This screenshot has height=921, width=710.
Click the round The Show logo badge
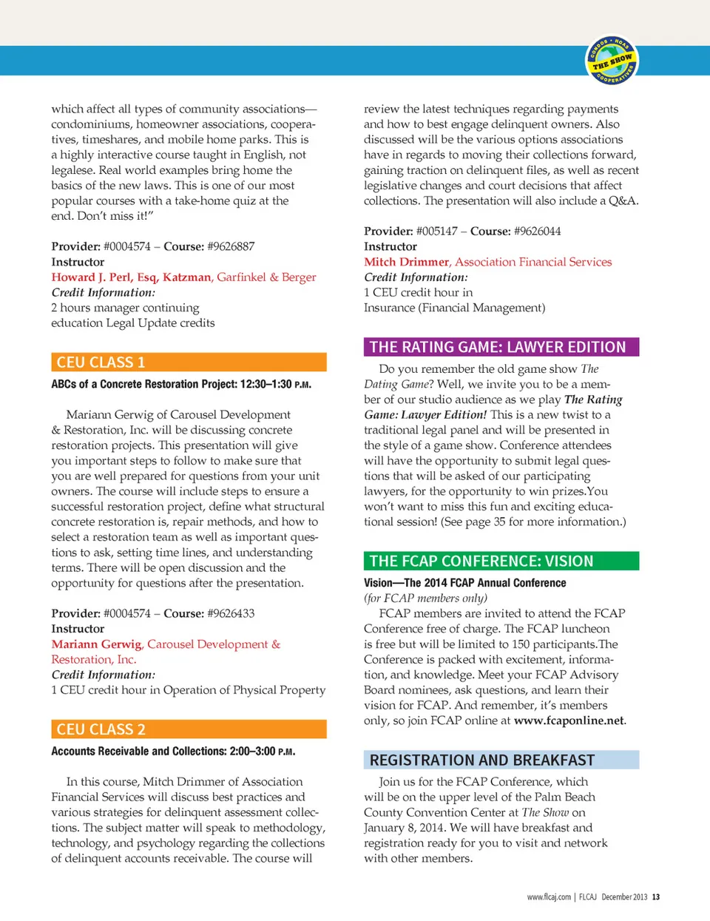coord(612,59)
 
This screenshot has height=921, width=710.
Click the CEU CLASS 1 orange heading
coord(189,362)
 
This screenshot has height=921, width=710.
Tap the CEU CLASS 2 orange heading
coord(189,729)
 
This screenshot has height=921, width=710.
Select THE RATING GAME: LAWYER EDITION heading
coord(501,347)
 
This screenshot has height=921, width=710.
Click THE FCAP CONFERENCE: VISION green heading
coord(501,561)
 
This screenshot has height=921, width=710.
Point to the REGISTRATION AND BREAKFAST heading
coord(501,760)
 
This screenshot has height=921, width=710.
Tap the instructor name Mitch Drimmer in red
coord(406,262)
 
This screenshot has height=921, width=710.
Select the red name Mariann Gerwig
coord(96,644)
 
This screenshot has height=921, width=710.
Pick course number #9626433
coord(231,613)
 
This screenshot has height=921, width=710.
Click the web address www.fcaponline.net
coord(569,721)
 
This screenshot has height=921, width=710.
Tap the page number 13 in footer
coord(656,897)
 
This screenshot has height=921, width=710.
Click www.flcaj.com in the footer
coord(549,897)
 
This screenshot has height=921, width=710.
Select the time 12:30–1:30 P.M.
coord(276,385)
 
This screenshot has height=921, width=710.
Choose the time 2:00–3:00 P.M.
coord(262,752)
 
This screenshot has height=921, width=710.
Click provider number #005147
coord(436,231)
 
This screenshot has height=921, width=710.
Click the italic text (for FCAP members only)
coord(425,598)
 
